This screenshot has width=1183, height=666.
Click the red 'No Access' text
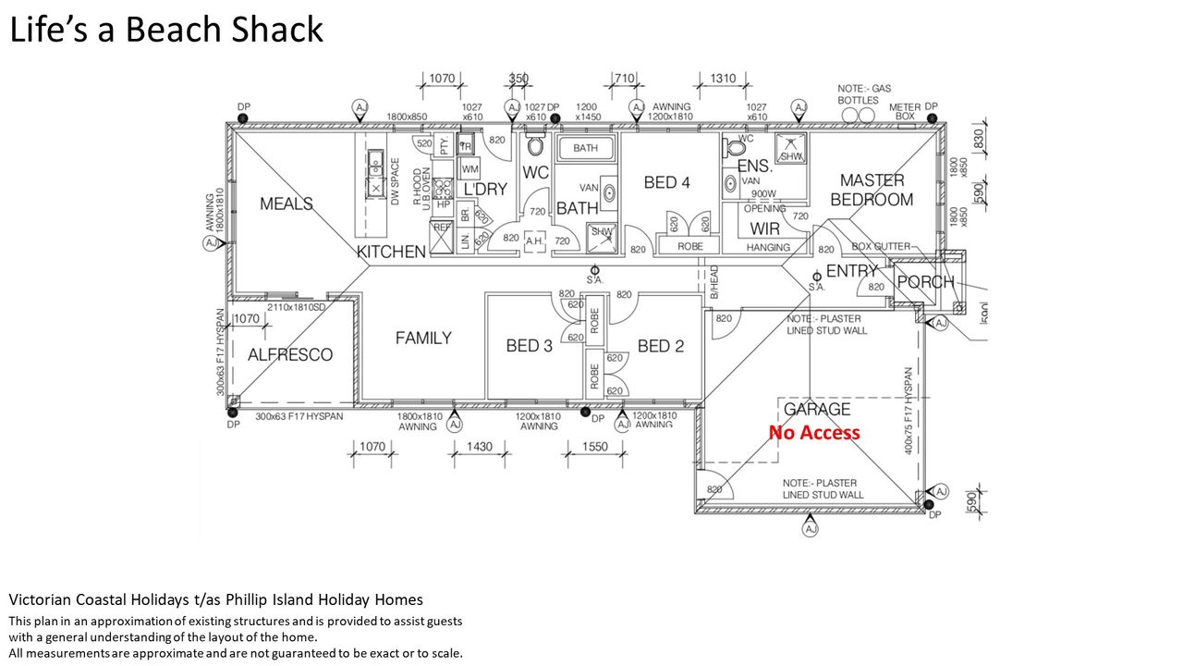(x=813, y=433)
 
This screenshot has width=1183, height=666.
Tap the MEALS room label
(x=286, y=203)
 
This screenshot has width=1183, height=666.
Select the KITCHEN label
(x=392, y=252)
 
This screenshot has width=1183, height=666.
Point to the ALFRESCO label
(x=290, y=354)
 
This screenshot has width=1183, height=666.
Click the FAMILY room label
(x=423, y=339)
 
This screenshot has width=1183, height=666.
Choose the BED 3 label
(x=530, y=346)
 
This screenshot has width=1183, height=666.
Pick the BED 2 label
(x=661, y=346)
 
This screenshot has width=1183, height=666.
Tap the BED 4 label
(x=666, y=182)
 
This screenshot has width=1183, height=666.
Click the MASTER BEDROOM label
(x=872, y=190)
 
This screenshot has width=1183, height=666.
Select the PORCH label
(x=925, y=282)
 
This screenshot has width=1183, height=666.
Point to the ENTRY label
(x=851, y=271)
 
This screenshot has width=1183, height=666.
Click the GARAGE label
(x=817, y=409)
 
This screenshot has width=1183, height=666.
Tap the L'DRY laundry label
(x=485, y=190)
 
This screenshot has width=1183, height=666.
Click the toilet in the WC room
(x=535, y=147)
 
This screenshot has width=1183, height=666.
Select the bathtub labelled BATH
(x=585, y=148)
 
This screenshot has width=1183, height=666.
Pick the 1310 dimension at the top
(x=724, y=79)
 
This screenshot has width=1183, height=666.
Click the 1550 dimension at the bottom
(x=595, y=448)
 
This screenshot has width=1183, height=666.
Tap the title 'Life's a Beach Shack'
(x=166, y=30)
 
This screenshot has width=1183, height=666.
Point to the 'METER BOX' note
(x=905, y=112)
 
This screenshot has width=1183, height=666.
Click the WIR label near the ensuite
(x=764, y=228)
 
